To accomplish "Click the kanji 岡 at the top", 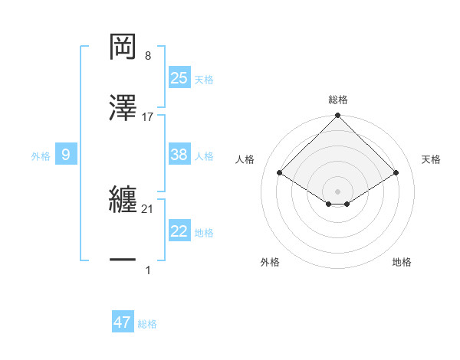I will tap(123, 46).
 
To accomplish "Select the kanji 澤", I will tap(123, 109).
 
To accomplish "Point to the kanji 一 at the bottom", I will tap(123, 261).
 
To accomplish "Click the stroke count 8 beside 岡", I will tap(148, 56).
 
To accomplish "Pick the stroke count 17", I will tap(148, 117).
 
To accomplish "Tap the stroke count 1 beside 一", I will tap(148, 270).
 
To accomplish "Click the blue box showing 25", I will tap(179, 77).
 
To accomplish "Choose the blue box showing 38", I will tap(179, 155).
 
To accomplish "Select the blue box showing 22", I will tap(179, 231).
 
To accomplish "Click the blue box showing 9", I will tap(66, 155).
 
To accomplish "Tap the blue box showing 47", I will tap(123, 322).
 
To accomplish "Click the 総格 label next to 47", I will tap(147, 324).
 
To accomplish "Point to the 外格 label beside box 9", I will tap(41, 156).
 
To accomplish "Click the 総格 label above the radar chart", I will tap(338, 100).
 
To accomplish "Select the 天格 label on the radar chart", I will tap(432, 159).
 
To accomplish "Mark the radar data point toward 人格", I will tap(280, 172).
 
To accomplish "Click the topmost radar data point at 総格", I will tap(338, 116).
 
